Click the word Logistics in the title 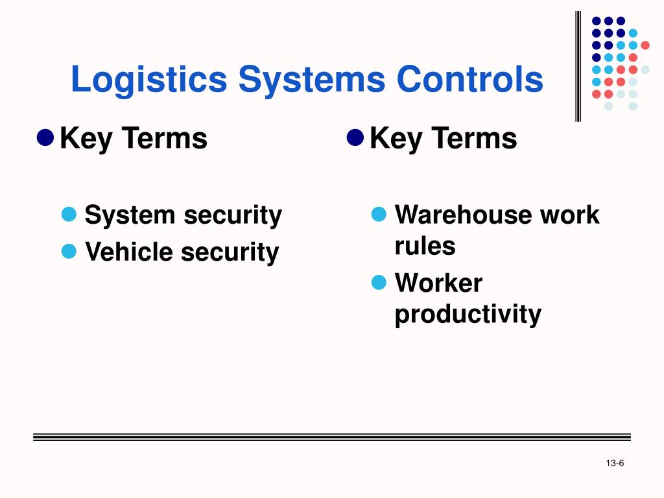(148, 80)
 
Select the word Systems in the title (312, 80)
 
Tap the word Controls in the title (470, 80)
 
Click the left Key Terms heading (134, 138)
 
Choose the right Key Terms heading (444, 138)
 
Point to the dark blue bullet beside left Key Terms (45, 137)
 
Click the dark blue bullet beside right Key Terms (355, 137)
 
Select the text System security (184, 215)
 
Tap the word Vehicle (129, 252)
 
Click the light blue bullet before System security (69, 213)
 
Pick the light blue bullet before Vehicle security (69, 250)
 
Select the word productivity (468, 314)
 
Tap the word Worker (438, 283)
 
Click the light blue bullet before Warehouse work (379, 213)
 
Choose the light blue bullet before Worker (379, 282)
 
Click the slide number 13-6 (615, 462)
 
